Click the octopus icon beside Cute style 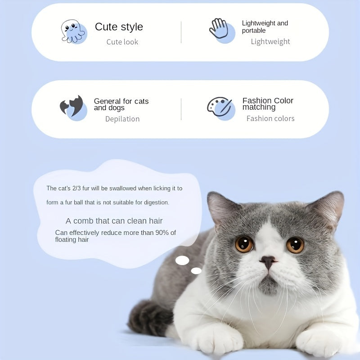click(73, 31)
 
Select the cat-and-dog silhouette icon click(72, 107)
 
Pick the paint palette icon click(220, 107)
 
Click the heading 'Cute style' click(119, 27)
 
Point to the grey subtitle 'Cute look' click(122, 42)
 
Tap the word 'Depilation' click(122, 119)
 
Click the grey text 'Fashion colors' click(270, 118)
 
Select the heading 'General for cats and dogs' click(121, 104)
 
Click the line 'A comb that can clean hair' click(114, 221)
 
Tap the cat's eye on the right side click(295, 245)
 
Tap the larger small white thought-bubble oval click(182, 260)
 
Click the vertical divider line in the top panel click(181, 32)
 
